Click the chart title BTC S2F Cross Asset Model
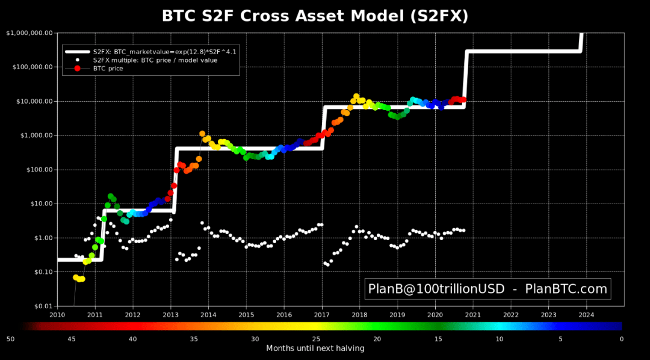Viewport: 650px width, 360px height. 315,16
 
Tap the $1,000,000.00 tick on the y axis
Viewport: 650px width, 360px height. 29,33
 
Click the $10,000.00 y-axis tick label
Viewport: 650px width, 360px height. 33,101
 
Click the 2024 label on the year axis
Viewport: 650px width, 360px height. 586,314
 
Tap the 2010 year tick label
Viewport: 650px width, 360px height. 57,314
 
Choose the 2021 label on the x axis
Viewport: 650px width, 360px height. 473,314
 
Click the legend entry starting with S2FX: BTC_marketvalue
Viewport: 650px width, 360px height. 164,52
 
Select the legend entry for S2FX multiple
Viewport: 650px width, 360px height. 155,60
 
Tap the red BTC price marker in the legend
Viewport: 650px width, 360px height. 78,69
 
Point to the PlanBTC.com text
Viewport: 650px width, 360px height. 566,289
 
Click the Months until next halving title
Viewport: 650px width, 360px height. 315,348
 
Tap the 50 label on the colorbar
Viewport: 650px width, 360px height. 10,339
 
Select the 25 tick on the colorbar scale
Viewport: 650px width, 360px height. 316,339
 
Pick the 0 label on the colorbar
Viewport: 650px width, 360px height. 622,339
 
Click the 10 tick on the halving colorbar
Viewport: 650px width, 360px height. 500,339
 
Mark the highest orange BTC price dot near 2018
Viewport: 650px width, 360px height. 356,96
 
